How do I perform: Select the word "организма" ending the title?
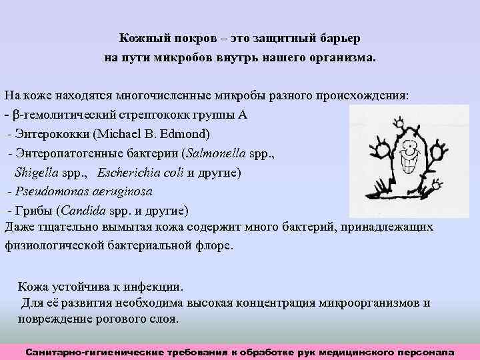click(341, 57)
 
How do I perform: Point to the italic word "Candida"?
click(83, 211)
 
